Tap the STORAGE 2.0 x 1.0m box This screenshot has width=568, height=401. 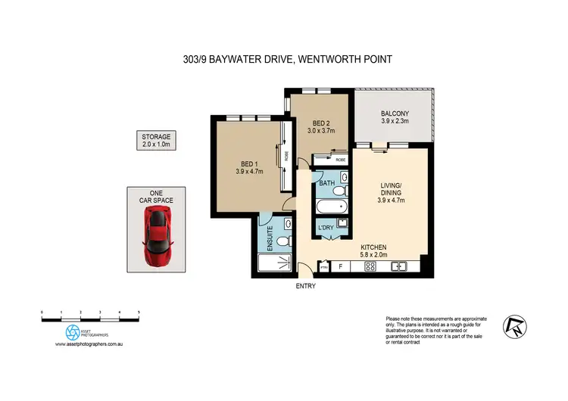(156, 140)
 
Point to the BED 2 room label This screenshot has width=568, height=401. (321, 127)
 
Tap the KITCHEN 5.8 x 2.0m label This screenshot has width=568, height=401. (373, 251)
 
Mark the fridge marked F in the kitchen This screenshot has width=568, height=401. (342, 266)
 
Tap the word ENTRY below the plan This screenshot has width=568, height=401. (305, 287)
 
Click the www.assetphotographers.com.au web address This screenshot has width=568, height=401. (90, 344)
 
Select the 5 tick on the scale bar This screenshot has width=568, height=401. (139, 312)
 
